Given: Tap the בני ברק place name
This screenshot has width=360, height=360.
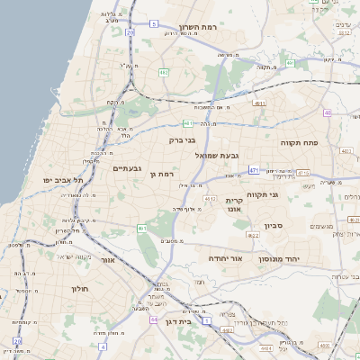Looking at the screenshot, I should pos(182,140).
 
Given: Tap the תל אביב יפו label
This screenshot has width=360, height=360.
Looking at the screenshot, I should pos(62,180).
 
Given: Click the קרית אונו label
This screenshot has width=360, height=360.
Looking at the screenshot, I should pos(235,205).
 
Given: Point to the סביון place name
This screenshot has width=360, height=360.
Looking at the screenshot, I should pos(274,226).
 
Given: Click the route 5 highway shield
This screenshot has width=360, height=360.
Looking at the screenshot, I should pos(154,23).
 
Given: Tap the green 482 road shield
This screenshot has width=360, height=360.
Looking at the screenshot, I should pos(163,71).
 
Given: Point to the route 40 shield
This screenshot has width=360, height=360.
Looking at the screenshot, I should pos(328,113).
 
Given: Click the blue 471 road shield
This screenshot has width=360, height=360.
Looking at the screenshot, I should pos(255,169).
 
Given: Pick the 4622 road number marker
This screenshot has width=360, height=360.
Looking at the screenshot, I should pos(253,235).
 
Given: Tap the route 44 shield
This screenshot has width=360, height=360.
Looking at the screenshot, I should pos(155,319).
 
